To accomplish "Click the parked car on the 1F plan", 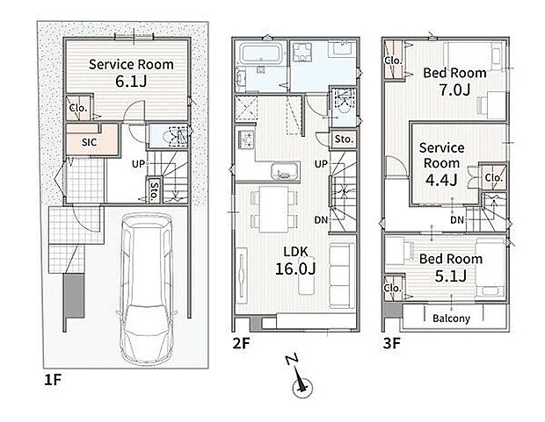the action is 146,289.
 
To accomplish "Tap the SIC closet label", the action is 90,142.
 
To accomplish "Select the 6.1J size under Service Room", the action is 131,82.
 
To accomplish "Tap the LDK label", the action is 295,252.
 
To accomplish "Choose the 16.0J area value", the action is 295,268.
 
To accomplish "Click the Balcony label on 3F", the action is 451,318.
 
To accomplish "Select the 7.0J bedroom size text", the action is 455,89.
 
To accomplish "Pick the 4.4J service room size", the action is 441,180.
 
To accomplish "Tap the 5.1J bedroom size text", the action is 451,275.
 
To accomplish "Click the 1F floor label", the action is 53,380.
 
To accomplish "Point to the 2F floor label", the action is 241,343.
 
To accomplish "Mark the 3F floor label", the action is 392,343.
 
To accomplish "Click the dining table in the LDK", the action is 274,210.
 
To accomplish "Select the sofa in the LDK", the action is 342,275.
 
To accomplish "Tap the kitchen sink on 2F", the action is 286,170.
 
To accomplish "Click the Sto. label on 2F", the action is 344,139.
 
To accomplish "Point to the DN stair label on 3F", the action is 457,219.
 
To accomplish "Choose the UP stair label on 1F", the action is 138,164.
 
